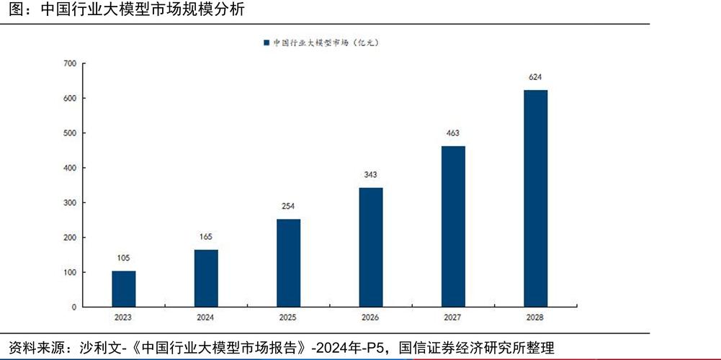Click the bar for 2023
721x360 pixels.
coord(124,289)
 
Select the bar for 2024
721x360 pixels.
coord(206,278)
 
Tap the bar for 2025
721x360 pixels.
coord(288,263)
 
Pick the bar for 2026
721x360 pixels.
coord(371,247)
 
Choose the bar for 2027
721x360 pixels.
coord(453,226)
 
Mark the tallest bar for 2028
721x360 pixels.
coord(535,198)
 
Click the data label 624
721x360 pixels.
coord(535,77)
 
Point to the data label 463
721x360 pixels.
coord(453,133)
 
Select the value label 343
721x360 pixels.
coord(371,175)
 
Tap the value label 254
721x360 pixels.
coord(288,207)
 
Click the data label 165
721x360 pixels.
coord(206,237)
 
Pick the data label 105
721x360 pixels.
coord(124,258)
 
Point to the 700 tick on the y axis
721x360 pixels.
coord(70,63)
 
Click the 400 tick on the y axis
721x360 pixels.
coord(70,168)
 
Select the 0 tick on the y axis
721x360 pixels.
coord(73,307)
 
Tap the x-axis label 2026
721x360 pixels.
coord(371,318)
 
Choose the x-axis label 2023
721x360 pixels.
coord(124,318)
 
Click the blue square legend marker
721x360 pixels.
coord(267,43)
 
